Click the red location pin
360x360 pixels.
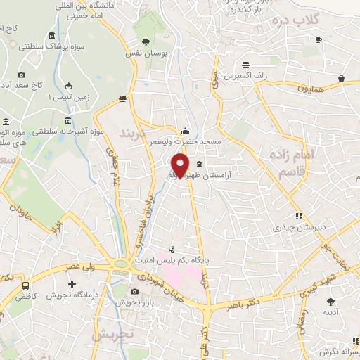click(x=181, y=165)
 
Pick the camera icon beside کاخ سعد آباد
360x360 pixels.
click(x=21, y=75)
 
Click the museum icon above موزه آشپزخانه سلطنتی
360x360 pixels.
click(x=67, y=120)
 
